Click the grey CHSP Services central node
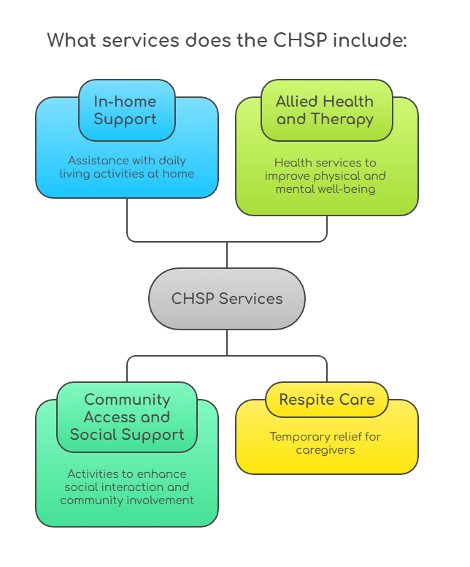(x=226, y=298)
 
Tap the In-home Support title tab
(x=126, y=110)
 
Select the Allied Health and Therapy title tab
(x=325, y=110)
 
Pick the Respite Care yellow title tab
(x=326, y=400)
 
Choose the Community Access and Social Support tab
(x=127, y=417)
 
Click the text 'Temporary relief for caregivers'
(x=325, y=444)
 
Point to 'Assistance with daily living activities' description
(x=127, y=167)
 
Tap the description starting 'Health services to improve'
(x=325, y=176)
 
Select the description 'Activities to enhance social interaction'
(x=127, y=487)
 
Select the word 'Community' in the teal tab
(x=127, y=400)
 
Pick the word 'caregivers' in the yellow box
(x=325, y=450)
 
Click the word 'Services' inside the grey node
(x=253, y=298)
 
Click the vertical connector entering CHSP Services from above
(x=227, y=254)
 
